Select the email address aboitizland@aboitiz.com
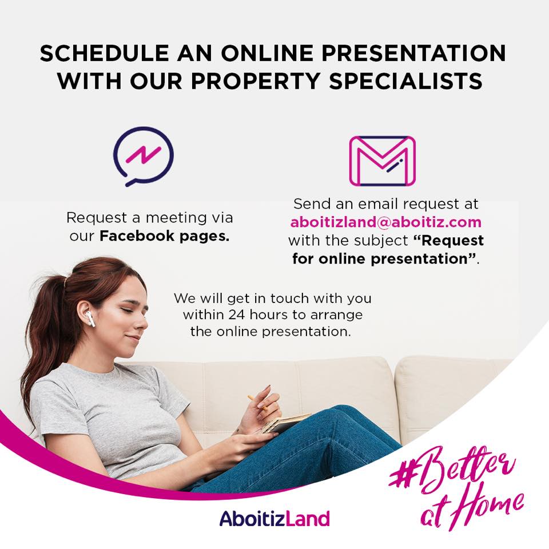point(386,222)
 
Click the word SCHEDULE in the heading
point(104,53)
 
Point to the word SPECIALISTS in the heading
point(406,81)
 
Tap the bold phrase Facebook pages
point(165,236)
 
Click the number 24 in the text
point(236,315)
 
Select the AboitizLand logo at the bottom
point(275,519)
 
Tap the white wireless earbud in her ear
point(91,318)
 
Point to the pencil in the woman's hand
point(257,403)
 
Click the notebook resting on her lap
point(285,423)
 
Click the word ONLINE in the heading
point(267,53)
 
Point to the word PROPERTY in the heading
point(255,81)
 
